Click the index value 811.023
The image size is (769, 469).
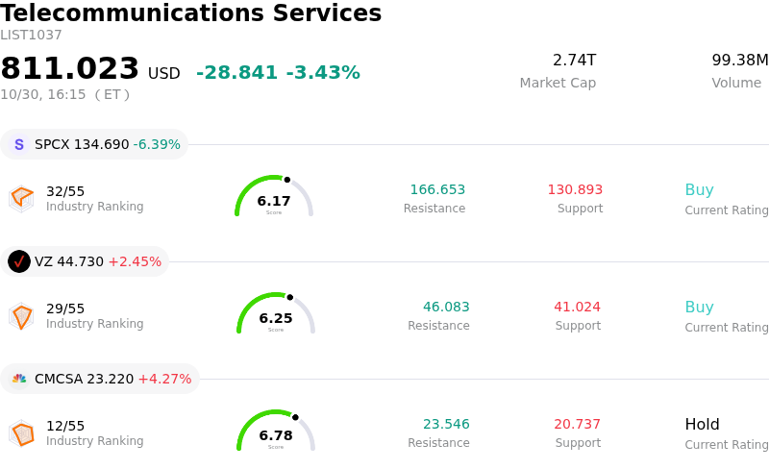69,68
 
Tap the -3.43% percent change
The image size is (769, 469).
323,73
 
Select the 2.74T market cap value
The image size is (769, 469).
574,60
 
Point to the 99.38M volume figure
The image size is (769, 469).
740,60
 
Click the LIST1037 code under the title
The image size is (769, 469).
31,36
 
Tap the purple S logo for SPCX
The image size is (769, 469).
19,145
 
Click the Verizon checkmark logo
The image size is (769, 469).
19,261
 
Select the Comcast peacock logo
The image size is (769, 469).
19,379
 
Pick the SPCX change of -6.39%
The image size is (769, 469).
157,145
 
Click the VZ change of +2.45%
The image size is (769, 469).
135,261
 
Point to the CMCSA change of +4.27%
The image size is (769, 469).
164,379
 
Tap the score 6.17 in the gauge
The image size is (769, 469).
274,201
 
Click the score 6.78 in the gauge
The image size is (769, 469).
276,435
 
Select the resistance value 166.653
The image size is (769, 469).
437,190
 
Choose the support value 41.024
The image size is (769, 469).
578,308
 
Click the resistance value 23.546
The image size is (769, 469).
446,425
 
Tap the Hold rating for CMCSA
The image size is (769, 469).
703,425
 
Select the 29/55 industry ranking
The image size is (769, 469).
65,309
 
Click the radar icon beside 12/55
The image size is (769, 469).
21,433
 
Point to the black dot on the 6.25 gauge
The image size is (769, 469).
290,297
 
